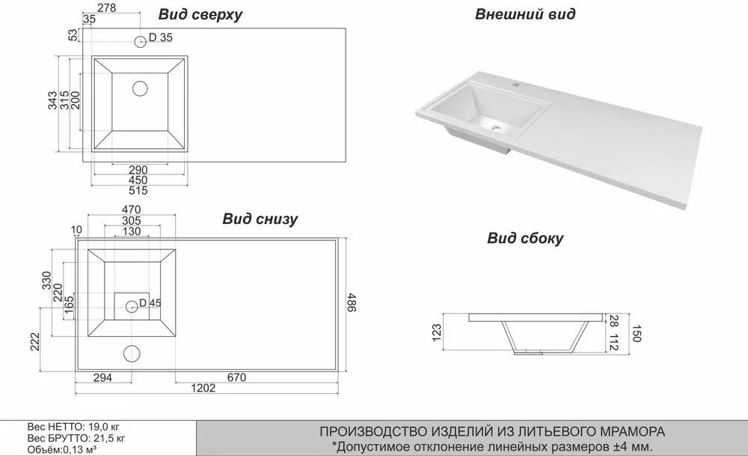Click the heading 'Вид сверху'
[x=200, y=14]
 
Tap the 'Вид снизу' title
[x=260, y=219]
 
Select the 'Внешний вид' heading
[x=525, y=13]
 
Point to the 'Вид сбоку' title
[x=525, y=238]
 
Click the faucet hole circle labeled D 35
[x=141, y=41]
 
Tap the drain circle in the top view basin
[x=140, y=88]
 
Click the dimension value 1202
[x=203, y=388]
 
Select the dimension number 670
[x=236, y=377]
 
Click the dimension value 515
[x=138, y=190]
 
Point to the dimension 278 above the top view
[x=106, y=7]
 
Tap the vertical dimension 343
[x=52, y=100]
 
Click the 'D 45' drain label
[x=150, y=303]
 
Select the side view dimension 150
[x=637, y=333]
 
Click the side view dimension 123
[x=437, y=332]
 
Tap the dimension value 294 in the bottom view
[x=102, y=377]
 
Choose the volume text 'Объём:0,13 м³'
[x=62, y=450]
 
